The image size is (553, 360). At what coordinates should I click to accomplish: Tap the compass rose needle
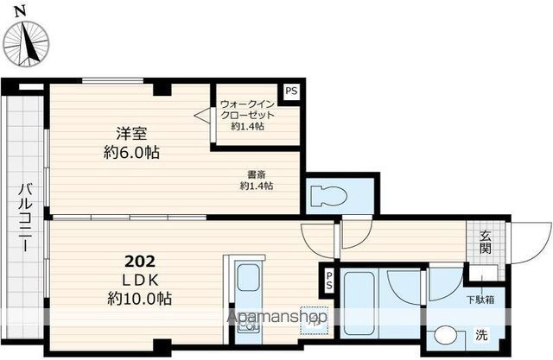pos(28,43)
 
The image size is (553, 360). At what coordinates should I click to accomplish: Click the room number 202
pos(140,262)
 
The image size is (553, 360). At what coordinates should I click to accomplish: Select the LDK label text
pos(140,281)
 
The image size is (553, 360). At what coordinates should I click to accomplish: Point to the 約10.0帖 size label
pos(140,299)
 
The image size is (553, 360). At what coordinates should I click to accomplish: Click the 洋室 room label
pos(131,133)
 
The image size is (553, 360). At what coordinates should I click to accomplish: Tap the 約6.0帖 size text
pos(131,152)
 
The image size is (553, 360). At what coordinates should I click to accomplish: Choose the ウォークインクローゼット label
pos(248,110)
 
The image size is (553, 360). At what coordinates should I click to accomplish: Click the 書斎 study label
pos(257,174)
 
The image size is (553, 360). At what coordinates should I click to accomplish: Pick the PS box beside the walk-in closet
pos(291,92)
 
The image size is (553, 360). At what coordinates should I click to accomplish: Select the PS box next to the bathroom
pos(328,281)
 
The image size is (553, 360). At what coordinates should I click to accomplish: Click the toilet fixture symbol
pos(328,196)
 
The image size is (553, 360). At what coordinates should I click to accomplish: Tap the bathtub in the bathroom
pos(359,302)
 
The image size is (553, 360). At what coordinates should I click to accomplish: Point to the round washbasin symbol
pos(446,336)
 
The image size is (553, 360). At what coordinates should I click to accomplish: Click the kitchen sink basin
pos(248,278)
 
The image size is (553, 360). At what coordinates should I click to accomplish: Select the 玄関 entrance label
pos(486,242)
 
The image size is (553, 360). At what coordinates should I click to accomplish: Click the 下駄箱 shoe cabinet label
pos(480,300)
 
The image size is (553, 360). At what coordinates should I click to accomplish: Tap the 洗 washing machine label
pos(481,335)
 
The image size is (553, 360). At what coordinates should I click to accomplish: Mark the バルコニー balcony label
pos(26,217)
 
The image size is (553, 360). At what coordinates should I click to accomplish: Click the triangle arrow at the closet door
pos(202,115)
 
